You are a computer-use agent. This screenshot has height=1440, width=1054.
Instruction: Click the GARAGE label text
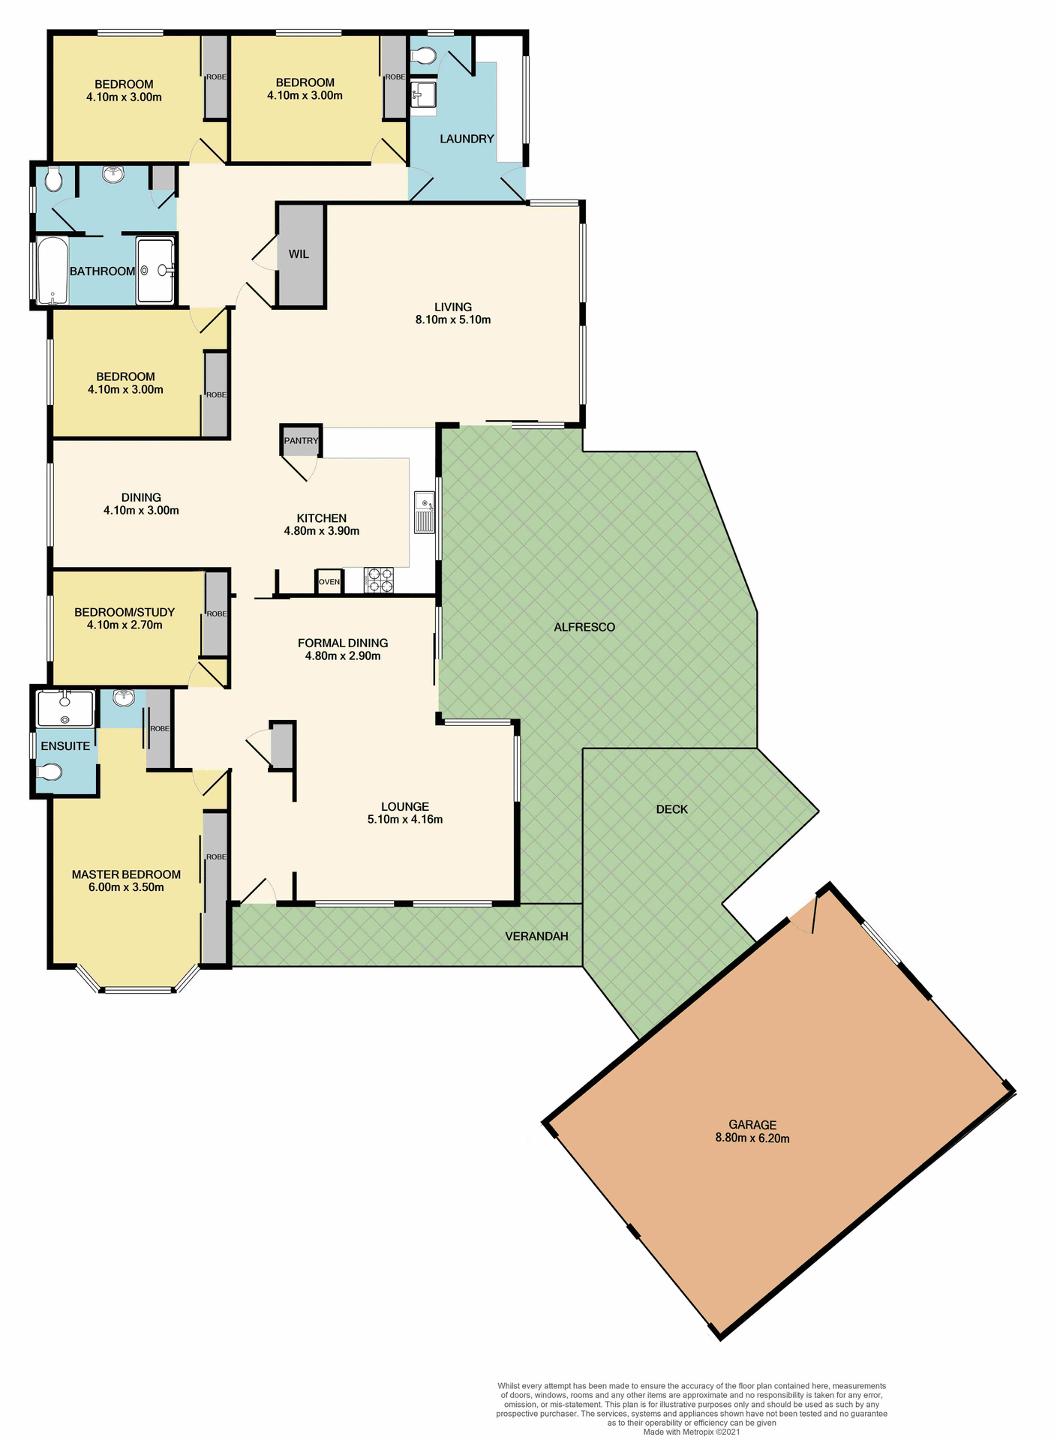(x=752, y=1124)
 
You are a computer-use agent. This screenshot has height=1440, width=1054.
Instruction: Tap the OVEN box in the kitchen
(x=329, y=582)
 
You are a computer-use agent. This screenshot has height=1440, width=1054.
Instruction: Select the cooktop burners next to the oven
(x=378, y=581)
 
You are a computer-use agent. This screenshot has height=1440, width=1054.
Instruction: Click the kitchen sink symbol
(x=425, y=512)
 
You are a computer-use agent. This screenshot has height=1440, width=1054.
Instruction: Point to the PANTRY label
(x=301, y=441)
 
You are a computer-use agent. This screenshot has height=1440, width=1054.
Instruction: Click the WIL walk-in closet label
(x=299, y=254)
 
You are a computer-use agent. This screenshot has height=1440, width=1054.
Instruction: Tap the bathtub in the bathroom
(x=52, y=271)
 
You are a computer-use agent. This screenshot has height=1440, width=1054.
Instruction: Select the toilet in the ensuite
(x=50, y=772)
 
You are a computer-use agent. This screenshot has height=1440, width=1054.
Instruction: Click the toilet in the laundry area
(x=423, y=55)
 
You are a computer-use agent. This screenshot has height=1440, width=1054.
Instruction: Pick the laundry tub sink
(x=423, y=95)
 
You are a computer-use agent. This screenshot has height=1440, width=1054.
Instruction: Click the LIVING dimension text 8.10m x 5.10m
(x=453, y=320)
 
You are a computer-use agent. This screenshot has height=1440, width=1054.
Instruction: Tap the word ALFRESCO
(x=584, y=627)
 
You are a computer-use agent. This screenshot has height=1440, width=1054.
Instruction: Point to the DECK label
(x=671, y=809)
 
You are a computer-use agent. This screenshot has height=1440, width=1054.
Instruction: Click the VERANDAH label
(x=536, y=936)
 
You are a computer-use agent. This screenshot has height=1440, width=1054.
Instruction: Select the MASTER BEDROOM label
(x=126, y=874)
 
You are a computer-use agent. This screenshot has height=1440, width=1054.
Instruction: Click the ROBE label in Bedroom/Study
(x=217, y=613)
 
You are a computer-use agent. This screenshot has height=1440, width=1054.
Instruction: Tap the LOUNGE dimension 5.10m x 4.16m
(x=405, y=820)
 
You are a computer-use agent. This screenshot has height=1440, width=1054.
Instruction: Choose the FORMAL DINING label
(x=343, y=643)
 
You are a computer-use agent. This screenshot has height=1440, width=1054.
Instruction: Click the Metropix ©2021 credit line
(x=692, y=1432)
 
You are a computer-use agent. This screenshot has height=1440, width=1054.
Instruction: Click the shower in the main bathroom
(x=155, y=271)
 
